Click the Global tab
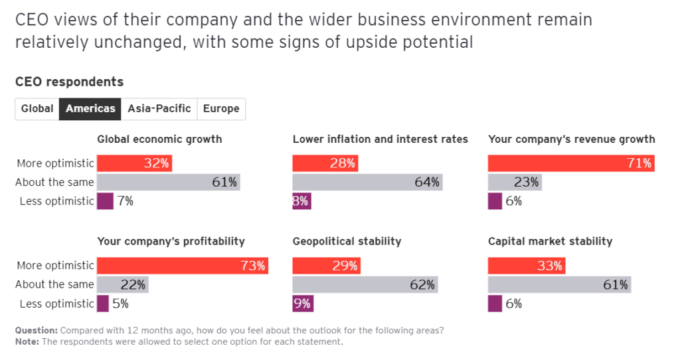(x=37, y=109)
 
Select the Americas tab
(x=90, y=109)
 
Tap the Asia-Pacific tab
(x=159, y=109)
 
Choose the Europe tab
(x=221, y=109)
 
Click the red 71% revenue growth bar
(x=571, y=163)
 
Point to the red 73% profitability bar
(x=183, y=266)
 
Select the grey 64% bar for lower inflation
(x=367, y=182)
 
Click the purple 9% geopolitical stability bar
(x=303, y=304)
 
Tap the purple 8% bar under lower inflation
(x=301, y=201)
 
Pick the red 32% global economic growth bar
(x=135, y=163)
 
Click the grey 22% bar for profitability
(x=123, y=285)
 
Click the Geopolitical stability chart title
(x=347, y=242)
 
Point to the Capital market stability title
(x=550, y=242)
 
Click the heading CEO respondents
(x=69, y=82)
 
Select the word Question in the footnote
(x=36, y=331)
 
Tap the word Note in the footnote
(x=27, y=342)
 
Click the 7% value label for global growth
(x=125, y=201)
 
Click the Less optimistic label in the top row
(x=56, y=201)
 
